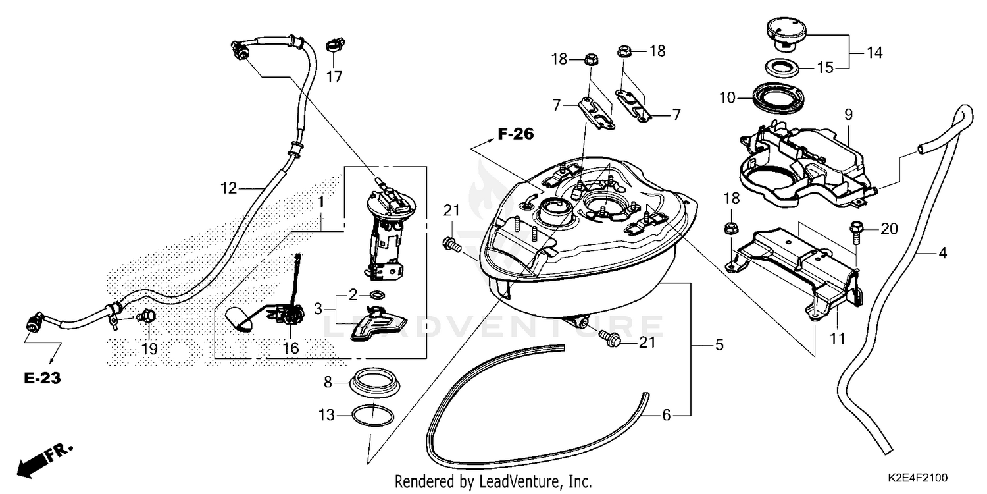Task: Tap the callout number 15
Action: coord(825,67)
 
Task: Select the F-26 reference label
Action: coord(515,134)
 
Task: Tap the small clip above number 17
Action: coord(334,47)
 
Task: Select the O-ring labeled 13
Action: coord(372,416)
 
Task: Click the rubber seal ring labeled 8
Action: coord(372,383)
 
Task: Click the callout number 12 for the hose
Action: coord(228,188)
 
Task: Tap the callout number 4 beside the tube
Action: coord(942,252)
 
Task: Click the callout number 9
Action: coord(849,115)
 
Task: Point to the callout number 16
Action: coord(290,348)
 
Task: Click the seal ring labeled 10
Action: coord(774,98)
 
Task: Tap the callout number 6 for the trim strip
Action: coord(666,415)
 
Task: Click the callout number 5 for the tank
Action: coord(719,344)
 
